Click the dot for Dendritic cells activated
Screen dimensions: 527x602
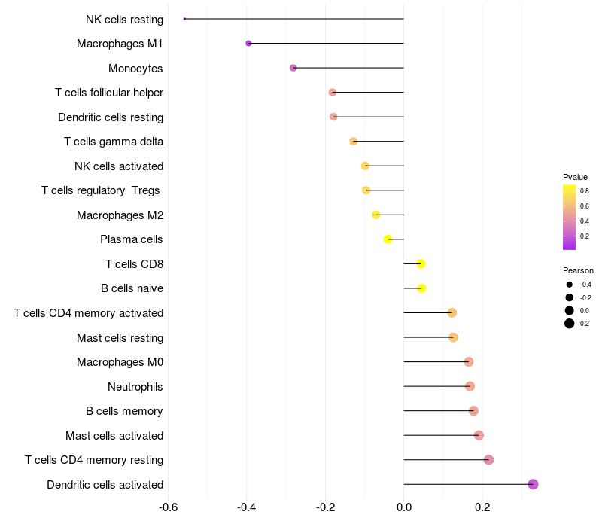[x=533, y=484]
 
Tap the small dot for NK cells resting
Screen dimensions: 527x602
[x=184, y=19]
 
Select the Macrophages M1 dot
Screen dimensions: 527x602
[x=248, y=44]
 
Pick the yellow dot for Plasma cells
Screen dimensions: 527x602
[x=388, y=239]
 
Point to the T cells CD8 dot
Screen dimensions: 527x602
[x=421, y=263]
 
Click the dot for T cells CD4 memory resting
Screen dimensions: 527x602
[x=488, y=460]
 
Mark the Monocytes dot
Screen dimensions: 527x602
[x=293, y=68]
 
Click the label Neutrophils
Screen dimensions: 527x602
[x=135, y=387]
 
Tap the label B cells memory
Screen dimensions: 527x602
[x=124, y=411]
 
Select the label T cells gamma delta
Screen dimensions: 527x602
[x=114, y=142]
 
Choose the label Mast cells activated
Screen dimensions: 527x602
[x=114, y=436]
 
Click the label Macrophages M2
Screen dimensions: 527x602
[x=120, y=215]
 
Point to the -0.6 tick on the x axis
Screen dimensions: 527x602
[x=169, y=507]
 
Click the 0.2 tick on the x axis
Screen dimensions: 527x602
[x=482, y=507]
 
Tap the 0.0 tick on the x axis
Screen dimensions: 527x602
[x=404, y=507]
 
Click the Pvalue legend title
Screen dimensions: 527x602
[x=575, y=177]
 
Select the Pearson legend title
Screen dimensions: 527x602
[x=578, y=270]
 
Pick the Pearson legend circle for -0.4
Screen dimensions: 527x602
[x=570, y=285]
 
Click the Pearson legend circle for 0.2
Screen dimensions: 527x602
[x=570, y=324]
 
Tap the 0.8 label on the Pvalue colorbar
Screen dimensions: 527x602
[x=585, y=191]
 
